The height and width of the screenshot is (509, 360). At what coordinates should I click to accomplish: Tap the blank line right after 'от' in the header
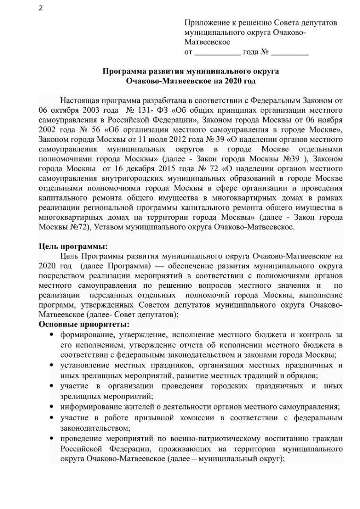(x=218, y=52)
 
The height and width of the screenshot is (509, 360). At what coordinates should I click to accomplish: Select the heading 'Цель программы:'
(x=73, y=247)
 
